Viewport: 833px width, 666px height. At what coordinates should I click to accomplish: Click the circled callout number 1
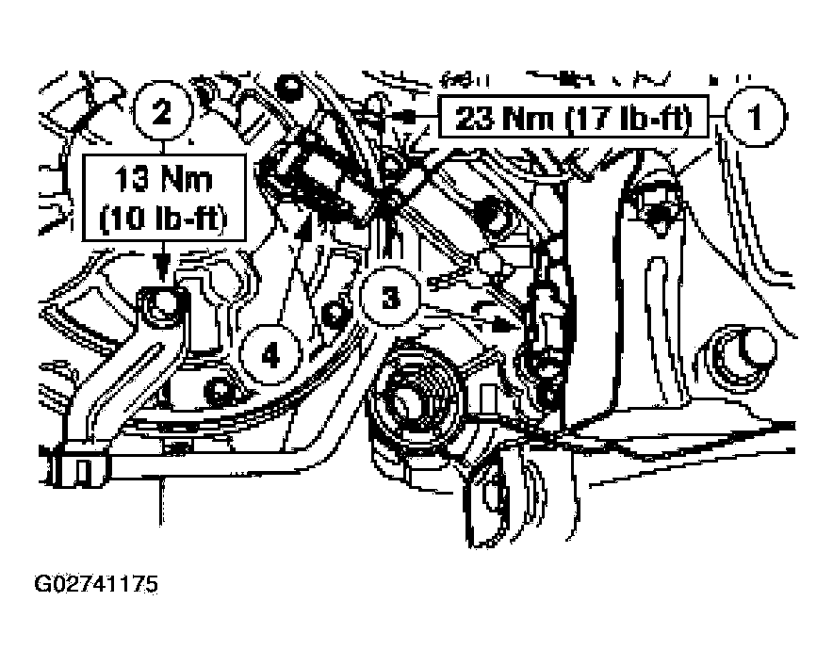click(755, 119)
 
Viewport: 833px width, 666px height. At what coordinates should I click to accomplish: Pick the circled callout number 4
click(270, 355)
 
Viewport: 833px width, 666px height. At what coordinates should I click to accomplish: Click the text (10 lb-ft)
click(166, 223)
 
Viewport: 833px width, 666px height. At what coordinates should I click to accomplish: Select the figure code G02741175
click(96, 585)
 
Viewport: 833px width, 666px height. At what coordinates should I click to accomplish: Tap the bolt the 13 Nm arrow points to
click(163, 303)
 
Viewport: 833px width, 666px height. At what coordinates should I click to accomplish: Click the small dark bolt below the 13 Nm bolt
click(220, 386)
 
